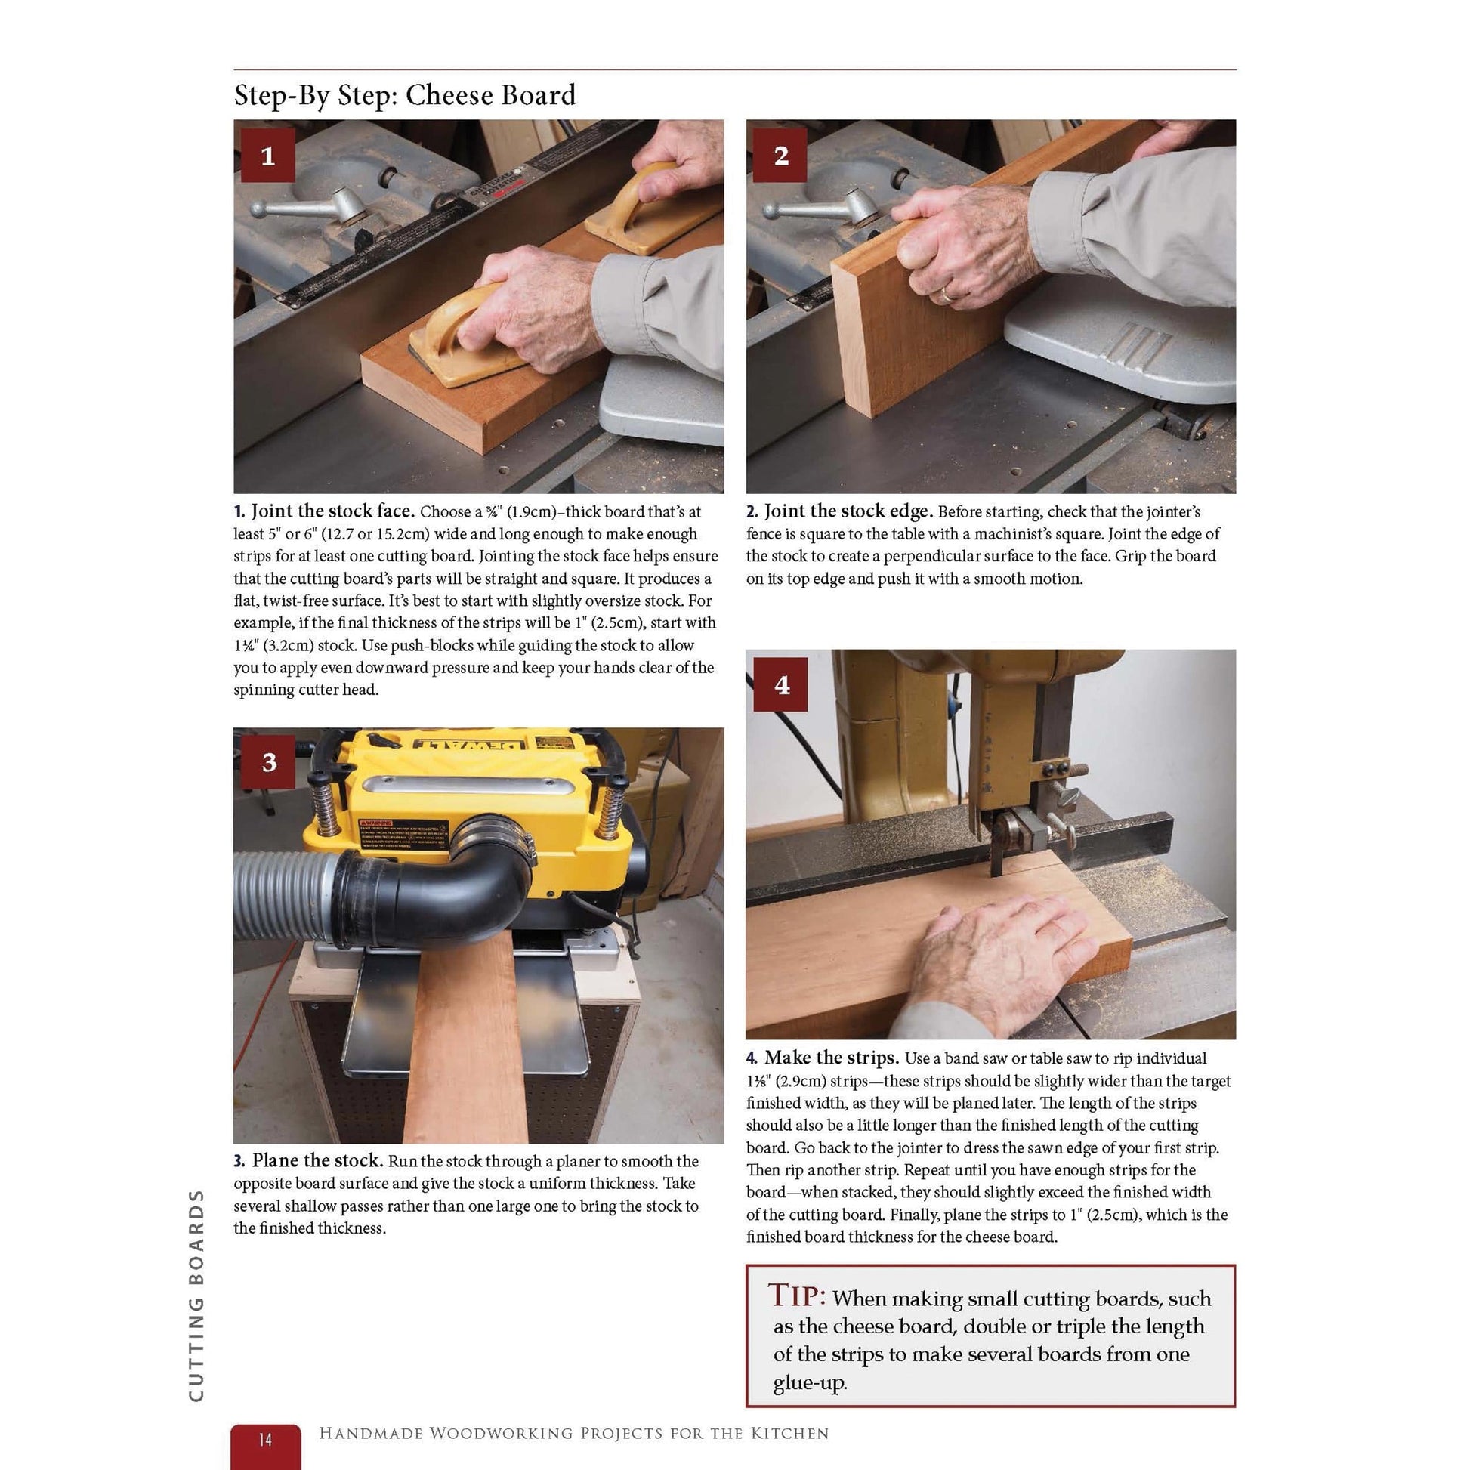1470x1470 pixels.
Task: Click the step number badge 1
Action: click(267, 156)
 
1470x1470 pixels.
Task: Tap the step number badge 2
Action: click(780, 156)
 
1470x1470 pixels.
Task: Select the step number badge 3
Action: click(269, 761)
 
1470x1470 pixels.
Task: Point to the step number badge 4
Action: click(781, 685)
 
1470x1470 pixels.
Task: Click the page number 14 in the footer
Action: click(265, 1439)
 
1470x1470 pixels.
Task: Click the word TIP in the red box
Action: click(796, 1295)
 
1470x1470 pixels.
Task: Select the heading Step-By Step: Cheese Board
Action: click(405, 95)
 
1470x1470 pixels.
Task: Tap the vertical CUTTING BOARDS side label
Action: click(196, 1294)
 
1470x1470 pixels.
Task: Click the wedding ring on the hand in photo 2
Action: click(946, 293)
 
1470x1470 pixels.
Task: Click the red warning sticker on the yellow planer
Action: click(376, 823)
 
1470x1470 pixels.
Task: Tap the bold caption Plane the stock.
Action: click(317, 1160)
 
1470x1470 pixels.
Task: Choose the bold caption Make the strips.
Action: click(831, 1058)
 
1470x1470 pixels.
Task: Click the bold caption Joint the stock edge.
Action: click(848, 511)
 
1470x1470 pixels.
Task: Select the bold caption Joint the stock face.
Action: click(332, 511)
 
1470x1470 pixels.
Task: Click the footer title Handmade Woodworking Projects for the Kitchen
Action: click(573, 1434)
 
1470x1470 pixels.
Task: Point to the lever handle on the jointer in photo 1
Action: click(304, 207)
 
